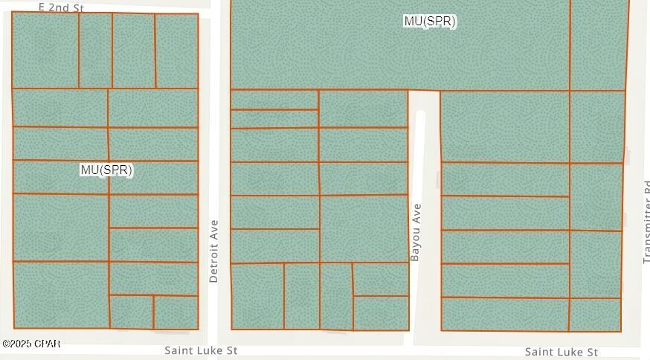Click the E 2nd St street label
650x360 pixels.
coord(62,7)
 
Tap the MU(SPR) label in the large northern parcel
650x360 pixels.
coord(429,22)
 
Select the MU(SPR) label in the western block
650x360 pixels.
coord(106,170)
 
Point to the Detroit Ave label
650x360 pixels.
coord(214,251)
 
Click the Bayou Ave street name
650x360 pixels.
coord(416,231)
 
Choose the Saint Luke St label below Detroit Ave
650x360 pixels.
coord(202,350)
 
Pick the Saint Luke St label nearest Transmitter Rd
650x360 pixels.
coord(561,351)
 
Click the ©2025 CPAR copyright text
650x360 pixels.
coord(31,344)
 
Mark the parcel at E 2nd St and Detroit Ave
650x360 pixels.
coord(177,51)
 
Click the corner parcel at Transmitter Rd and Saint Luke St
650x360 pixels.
coord(595,315)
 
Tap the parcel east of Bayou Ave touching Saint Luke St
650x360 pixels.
coord(505,315)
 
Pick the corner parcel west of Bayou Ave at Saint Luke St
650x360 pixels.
coord(381,313)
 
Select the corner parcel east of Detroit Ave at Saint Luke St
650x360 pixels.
coord(257,296)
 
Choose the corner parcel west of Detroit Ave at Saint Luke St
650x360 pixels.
coord(176,312)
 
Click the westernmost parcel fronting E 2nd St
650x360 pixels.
coord(45,51)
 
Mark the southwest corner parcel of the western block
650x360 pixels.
coord(60,295)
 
